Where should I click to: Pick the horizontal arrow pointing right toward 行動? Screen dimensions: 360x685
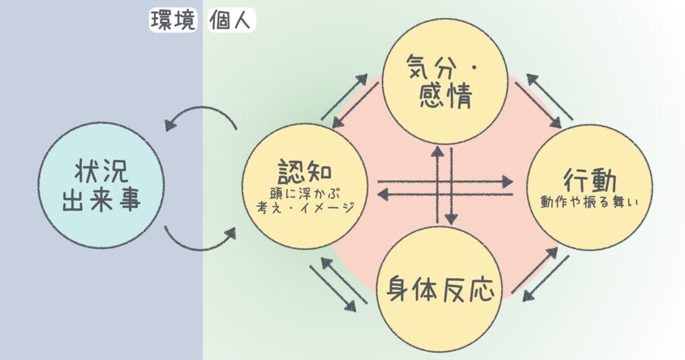pos(445,181)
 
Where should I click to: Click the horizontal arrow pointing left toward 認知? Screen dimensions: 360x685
pos(445,194)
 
